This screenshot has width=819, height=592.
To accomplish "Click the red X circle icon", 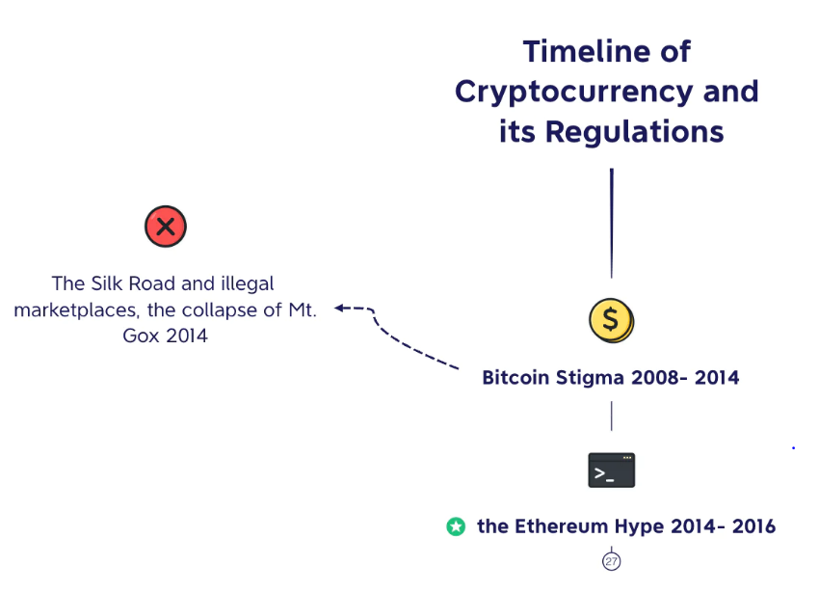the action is [x=166, y=227].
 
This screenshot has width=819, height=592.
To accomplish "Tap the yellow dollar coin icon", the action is [x=611, y=320].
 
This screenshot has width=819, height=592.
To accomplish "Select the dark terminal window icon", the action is [x=612, y=471].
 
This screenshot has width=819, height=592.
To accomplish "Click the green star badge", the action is [x=456, y=526].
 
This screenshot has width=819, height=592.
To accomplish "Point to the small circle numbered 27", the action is [x=611, y=562].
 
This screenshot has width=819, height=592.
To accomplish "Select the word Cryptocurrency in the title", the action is [x=573, y=92].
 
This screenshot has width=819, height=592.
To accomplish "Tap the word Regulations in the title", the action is [x=635, y=132].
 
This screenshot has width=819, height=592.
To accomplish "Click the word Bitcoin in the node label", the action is [x=515, y=377].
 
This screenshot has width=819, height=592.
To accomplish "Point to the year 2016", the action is [x=753, y=526].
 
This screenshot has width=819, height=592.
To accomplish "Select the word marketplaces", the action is [x=76, y=310].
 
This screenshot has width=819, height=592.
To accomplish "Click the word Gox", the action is [x=141, y=336].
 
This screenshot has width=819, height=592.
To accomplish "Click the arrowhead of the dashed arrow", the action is [x=339, y=308].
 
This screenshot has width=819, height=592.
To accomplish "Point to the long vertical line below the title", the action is [x=612, y=223].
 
